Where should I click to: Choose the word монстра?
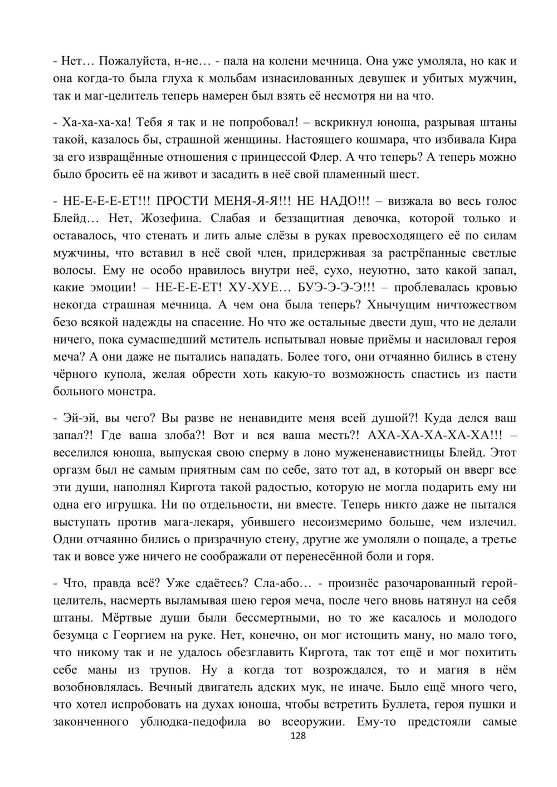click(x=127, y=392)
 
